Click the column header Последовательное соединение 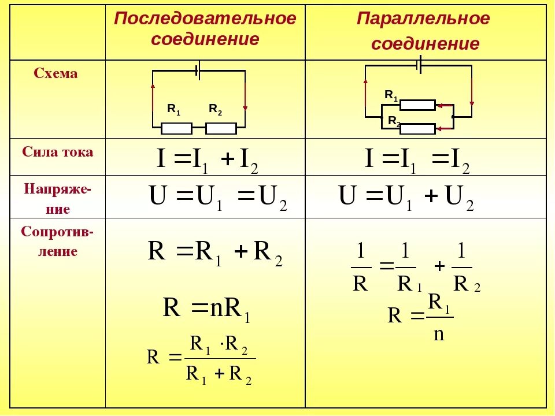(205, 29)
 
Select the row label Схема (55, 73)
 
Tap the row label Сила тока (58, 152)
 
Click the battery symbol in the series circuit (198, 71)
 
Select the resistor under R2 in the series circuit (221, 128)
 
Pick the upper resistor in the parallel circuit (417, 105)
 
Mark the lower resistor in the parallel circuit (417, 129)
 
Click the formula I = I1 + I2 (207, 159)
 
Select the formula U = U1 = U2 (218, 198)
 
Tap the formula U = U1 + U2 (406, 198)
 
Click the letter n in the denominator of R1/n (439, 335)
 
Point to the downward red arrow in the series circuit (245, 98)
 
